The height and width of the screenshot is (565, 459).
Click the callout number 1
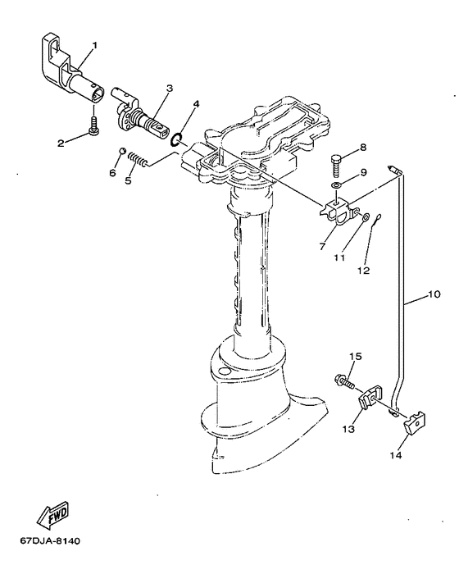pos(94,45)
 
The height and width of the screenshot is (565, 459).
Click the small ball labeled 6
pos(122,151)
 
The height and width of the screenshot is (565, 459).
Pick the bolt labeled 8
pos(336,165)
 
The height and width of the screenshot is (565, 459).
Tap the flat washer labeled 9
pos(336,185)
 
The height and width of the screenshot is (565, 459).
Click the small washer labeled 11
pos(365,217)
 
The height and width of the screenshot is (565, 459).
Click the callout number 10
pos(434,294)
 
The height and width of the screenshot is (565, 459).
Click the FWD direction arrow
pos(52,513)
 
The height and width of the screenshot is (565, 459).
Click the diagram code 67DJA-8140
pos(50,541)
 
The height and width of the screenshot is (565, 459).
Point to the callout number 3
pos(170,89)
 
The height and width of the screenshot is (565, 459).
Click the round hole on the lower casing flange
pos(224,371)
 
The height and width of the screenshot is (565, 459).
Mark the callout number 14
pos(395,455)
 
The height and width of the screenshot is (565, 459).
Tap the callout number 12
pos(364,271)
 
